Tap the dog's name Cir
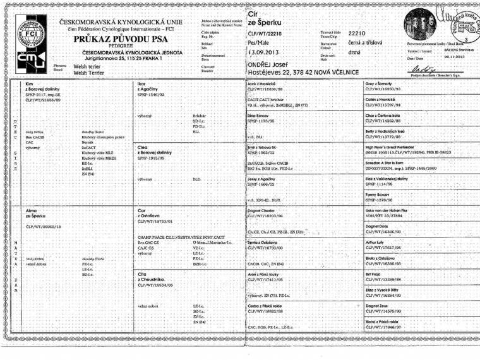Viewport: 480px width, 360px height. [254, 12]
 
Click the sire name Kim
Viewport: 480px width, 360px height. [30, 83]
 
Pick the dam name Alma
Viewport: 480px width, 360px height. [32, 209]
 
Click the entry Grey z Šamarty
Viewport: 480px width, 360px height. [383, 83]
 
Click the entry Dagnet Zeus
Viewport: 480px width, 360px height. [379, 306]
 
